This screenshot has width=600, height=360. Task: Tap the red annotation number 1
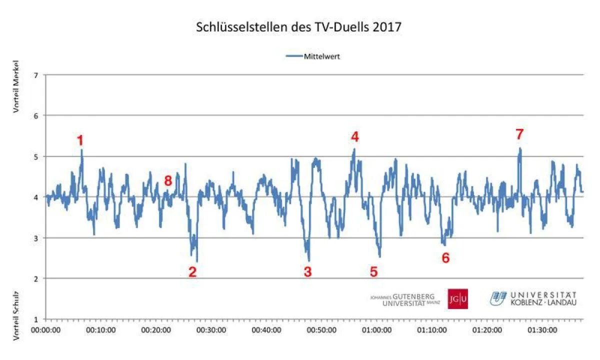click(80, 140)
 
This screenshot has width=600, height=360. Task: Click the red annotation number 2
click(192, 271)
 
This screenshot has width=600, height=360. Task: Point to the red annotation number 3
click(307, 271)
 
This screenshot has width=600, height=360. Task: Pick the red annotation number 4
click(354, 136)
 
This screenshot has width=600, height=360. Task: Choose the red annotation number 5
click(373, 271)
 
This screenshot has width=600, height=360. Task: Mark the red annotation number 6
click(445, 258)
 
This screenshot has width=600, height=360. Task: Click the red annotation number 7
click(519, 134)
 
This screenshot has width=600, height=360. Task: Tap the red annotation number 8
click(168, 181)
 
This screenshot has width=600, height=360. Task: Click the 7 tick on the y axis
click(35, 75)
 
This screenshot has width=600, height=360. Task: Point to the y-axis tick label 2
click(35, 278)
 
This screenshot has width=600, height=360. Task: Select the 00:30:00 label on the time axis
click(212, 330)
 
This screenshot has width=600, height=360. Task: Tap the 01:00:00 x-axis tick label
click(377, 330)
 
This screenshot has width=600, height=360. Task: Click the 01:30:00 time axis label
click(543, 330)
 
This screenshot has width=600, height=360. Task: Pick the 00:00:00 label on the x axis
click(46, 330)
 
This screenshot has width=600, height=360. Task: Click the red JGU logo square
click(457, 299)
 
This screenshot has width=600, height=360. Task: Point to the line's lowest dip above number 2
click(197, 261)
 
